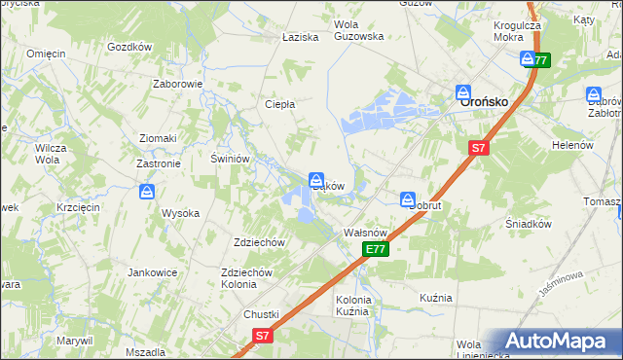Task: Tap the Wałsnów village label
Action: pos(367,234)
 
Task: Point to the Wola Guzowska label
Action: pos(358,30)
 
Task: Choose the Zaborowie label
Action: pos(177,84)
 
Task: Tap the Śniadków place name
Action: pos(530,223)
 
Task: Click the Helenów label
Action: pos(572,145)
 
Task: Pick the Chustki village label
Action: pos(261,314)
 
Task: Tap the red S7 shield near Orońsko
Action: pos(477,149)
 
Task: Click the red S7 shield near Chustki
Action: pos(261,336)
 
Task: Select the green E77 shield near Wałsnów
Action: pos(377,250)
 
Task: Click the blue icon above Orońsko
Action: pos(464,92)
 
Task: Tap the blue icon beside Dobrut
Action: pos(407,198)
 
